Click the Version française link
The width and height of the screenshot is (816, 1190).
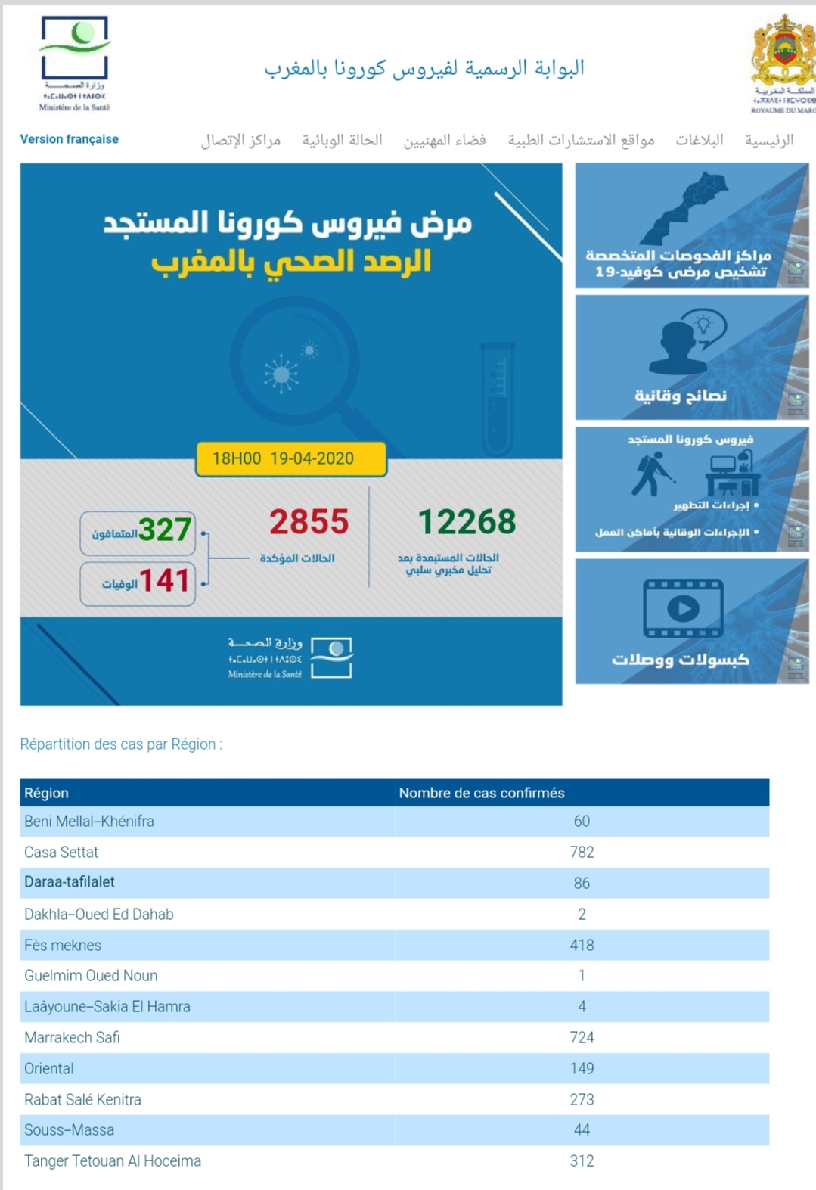click(x=69, y=139)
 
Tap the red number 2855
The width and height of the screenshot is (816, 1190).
click(x=309, y=522)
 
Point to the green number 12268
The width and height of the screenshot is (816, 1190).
click(x=467, y=522)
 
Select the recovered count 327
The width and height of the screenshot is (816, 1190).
click(x=164, y=530)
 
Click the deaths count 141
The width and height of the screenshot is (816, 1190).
click(x=164, y=581)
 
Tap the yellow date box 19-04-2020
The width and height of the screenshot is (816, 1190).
click(x=291, y=458)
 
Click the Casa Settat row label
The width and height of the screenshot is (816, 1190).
click(x=61, y=852)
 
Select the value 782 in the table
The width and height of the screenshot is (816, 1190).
click(x=582, y=852)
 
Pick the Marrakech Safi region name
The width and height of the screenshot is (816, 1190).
click(x=72, y=1037)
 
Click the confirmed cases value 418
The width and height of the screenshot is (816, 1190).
click(x=582, y=945)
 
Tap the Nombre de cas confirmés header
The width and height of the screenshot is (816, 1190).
click(x=482, y=793)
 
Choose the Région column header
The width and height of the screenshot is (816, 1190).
click(x=46, y=793)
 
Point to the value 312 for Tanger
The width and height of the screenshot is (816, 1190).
click(x=582, y=1160)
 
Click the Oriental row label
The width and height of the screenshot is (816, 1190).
click(x=49, y=1068)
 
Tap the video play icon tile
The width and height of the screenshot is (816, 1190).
click(x=683, y=608)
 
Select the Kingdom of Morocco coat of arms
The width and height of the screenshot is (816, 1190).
click(x=783, y=53)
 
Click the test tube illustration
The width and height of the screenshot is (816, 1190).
click(x=498, y=397)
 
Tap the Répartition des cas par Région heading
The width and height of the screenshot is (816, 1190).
click(x=121, y=744)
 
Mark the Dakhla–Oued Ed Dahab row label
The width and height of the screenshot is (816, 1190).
click(x=99, y=914)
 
